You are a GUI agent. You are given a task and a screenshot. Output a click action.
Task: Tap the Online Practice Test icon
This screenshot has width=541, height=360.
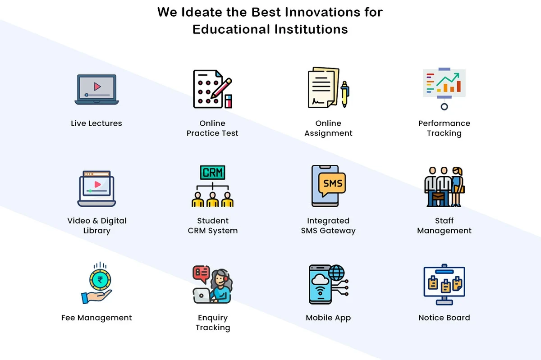click(212, 89)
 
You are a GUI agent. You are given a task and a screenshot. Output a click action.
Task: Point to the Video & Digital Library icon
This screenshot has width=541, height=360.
click(96, 188)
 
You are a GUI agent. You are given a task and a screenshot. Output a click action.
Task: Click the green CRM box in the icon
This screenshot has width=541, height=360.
click(212, 173)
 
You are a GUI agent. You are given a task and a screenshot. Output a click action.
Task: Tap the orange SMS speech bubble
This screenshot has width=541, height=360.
click(333, 183)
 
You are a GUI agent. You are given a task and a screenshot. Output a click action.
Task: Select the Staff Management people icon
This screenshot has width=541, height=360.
click(444, 186)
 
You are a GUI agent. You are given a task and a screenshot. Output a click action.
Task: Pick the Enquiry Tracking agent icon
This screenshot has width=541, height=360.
click(212, 284)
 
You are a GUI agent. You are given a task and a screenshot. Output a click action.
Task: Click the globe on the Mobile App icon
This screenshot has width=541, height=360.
click(336, 273)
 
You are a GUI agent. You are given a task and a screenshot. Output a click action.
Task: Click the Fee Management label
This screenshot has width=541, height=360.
click(96, 318)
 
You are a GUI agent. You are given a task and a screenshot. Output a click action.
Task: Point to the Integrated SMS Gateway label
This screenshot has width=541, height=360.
click(328, 226)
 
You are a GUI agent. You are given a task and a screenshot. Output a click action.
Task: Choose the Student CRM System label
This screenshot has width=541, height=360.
click(212, 226)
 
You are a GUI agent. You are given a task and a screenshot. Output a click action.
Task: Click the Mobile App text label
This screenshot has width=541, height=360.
click(328, 318)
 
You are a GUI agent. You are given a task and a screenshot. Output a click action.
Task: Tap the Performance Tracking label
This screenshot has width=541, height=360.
click(444, 128)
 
